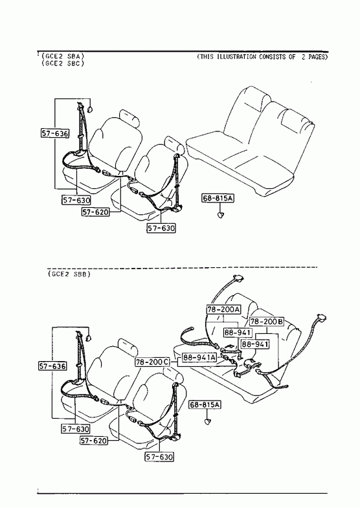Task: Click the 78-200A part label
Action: (x=223, y=309)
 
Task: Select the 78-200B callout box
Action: (x=267, y=322)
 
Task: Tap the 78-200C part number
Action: (x=152, y=362)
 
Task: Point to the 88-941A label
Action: (x=199, y=357)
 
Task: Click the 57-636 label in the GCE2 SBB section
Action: (x=52, y=366)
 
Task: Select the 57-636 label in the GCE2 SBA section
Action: (x=55, y=133)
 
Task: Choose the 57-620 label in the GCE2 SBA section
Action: (x=95, y=212)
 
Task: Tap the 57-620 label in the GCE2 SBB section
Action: (x=94, y=441)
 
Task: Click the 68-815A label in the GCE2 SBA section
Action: (x=218, y=198)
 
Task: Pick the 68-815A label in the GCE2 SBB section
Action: (x=205, y=404)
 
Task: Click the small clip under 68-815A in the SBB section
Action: (x=207, y=421)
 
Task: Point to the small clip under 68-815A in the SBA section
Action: (x=221, y=215)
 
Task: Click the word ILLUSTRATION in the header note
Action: (x=236, y=57)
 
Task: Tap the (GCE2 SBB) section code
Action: (x=69, y=274)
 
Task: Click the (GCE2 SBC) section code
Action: (x=63, y=63)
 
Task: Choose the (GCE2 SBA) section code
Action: (x=63, y=56)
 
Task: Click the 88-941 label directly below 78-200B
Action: (x=255, y=344)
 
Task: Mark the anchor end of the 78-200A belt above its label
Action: (x=238, y=278)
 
